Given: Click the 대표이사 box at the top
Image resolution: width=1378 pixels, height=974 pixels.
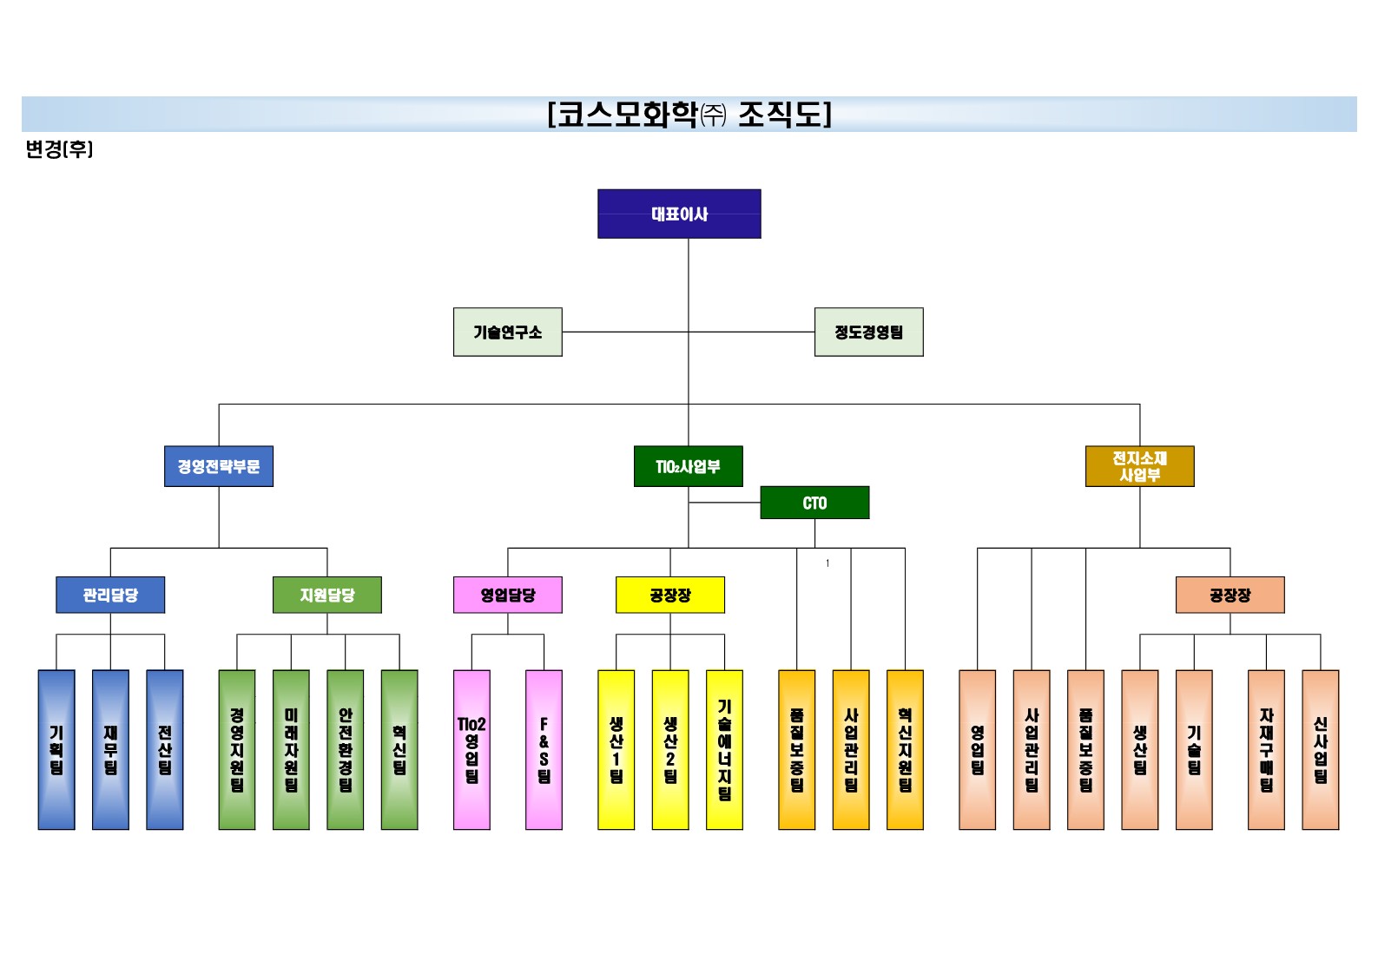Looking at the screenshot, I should click(679, 214).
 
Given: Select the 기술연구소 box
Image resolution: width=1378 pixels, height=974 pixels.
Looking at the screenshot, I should click(507, 332).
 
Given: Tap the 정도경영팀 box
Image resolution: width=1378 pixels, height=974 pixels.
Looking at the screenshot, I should click(868, 332).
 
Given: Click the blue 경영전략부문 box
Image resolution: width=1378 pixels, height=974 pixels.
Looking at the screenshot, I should click(219, 466).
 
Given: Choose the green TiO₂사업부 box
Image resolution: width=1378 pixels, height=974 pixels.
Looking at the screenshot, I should click(688, 466).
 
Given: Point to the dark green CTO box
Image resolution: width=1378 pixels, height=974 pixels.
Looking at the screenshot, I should click(814, 503).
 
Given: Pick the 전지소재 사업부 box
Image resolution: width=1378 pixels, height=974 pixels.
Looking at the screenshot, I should click(1139, 466).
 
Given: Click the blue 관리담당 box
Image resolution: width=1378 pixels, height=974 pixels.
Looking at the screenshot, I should click(110, 595).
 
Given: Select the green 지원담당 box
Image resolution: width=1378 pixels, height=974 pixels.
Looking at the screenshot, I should click(326, 595).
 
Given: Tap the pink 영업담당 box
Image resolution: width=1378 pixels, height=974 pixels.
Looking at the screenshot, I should click(507, 595).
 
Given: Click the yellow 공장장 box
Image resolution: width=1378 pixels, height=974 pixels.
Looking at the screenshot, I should click(669, 595).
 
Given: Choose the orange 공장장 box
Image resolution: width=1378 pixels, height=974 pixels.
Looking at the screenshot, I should click(1230, 595).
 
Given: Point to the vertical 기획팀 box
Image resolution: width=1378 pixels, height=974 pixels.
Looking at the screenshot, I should click(56, 749).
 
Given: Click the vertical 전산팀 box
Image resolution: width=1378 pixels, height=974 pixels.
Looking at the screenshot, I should click(164, 749).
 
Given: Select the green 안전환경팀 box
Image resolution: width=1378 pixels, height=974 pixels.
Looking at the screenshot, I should click(345, 749).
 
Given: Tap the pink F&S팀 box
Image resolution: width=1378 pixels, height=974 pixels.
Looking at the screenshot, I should click(544, 749).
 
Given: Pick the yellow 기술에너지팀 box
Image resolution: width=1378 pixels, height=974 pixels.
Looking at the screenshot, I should click(724, 749).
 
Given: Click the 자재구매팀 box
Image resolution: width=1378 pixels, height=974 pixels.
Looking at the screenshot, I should click(1266, 749).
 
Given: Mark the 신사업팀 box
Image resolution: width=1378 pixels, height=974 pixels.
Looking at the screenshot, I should click(1320, 749).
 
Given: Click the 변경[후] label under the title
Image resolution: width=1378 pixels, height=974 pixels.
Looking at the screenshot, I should click(59, 149).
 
